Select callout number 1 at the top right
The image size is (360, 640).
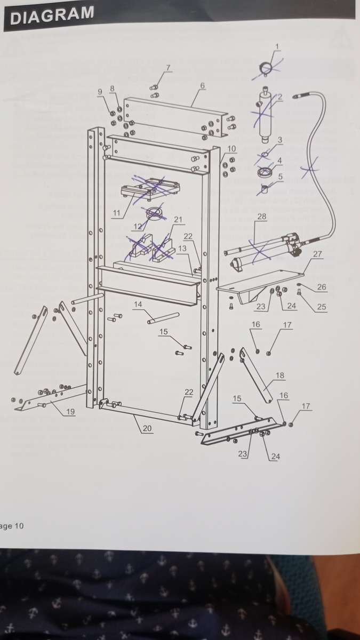277,46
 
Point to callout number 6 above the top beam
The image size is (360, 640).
203,85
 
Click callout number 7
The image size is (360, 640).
168,68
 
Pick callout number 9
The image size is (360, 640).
100,92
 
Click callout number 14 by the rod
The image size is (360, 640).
138,305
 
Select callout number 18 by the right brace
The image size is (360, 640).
281,375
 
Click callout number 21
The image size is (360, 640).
178,219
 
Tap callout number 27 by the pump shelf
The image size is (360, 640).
317,254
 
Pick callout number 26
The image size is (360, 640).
322,287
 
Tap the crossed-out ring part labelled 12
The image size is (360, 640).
155,212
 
